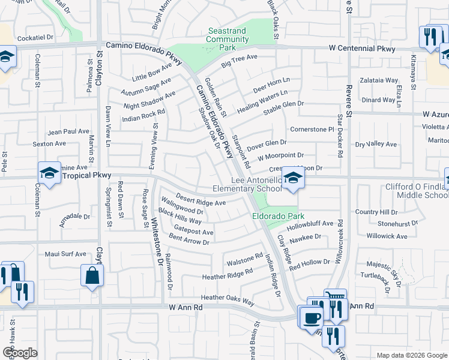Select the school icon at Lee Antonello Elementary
292,178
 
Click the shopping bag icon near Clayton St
92,276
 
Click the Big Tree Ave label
239,61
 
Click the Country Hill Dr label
376,212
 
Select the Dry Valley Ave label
376,145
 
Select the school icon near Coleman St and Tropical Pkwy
49,173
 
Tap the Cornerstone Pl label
311,129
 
